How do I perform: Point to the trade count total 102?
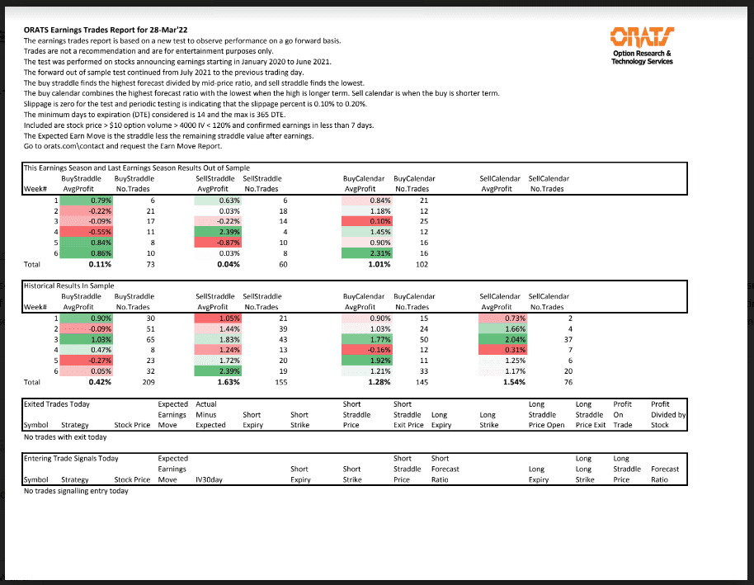coord(422,265)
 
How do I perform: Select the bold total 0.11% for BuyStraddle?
coord(99,265)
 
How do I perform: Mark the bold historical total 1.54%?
coord(513,382)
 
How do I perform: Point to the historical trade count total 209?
coord(148,382)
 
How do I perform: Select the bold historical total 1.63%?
coord(226,382)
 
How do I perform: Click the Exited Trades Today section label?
coord(56,404)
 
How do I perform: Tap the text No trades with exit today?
coord(65,436)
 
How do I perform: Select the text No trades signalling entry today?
coord(76,490)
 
